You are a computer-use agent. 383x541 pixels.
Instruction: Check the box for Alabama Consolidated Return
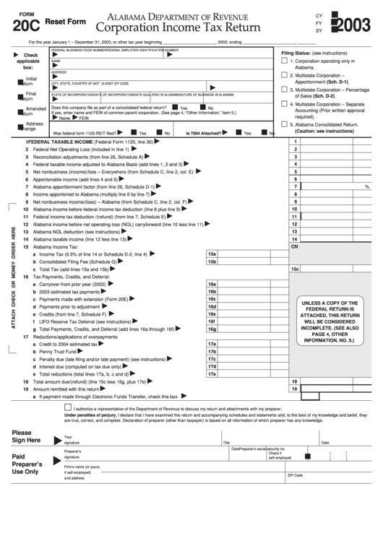tap(284, 124)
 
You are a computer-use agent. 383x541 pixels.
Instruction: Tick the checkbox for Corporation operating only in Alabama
tap(284, 62)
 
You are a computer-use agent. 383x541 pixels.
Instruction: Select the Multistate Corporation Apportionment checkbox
tap(284, 76)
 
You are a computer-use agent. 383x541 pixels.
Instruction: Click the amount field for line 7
tap(332, 186)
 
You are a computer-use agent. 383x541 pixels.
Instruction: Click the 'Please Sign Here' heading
tap(26, 436)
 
